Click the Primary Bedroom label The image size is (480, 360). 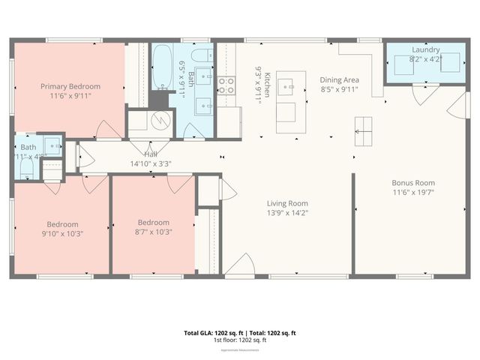click(x=80, y=86)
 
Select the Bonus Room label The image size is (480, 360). click(x=413, y=182)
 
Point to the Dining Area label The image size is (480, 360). click(x=339, y=79)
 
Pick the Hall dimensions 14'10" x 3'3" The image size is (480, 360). click(x=151, y=163)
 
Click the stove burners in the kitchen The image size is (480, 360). click(x=226, y=84)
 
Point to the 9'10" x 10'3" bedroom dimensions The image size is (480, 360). click(x=61, y=233)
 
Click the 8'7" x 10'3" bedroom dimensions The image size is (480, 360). click(x=153, y=232)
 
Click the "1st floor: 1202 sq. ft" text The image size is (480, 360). click(x=241, y=340)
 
